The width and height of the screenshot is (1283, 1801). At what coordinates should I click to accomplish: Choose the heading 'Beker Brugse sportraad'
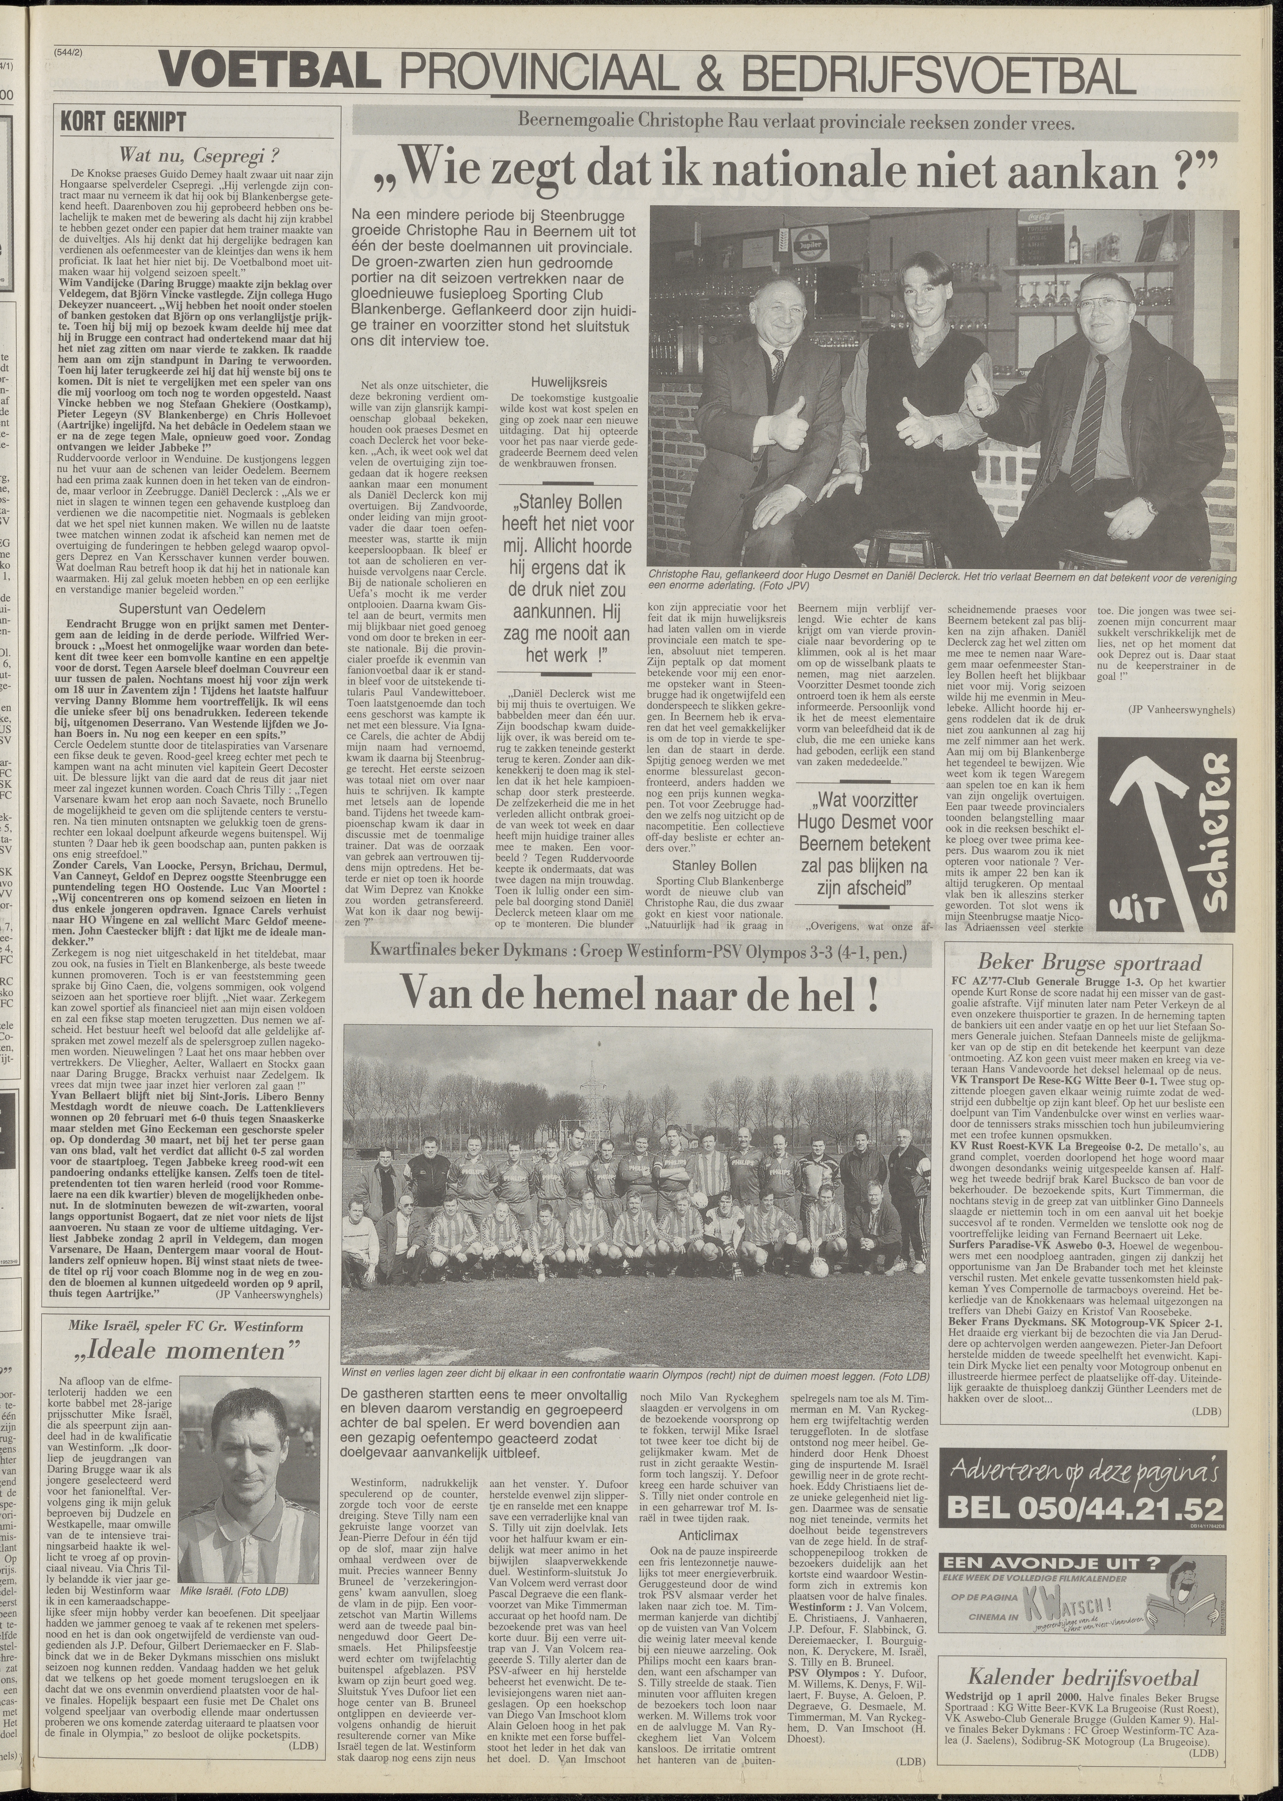[x=1090, y=963]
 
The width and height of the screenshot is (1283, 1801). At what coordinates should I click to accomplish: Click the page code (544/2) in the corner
[x=69, y=53]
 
